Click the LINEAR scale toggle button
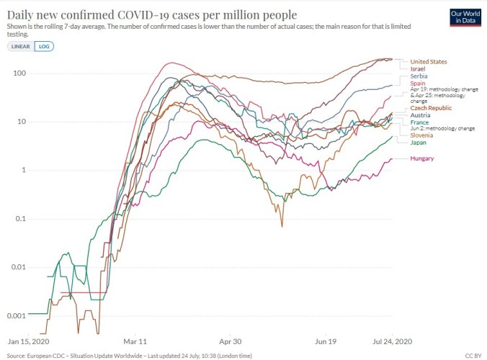click(19, 46)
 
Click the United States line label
click(428, 62)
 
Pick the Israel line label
click(417, 68)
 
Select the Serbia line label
click(419, 76)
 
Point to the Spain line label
click(417, 84)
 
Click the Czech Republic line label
click(431, 108)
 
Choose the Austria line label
click(420, 115)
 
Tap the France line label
click(419, 122)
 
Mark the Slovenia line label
click(421, 135)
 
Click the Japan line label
click(418, 143)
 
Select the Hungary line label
click(421, 158)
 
